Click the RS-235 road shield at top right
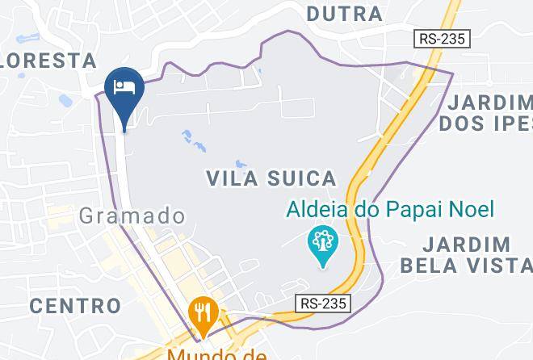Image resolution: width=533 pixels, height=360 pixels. [443, 38]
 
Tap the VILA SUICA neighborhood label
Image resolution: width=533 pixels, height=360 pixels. [271, 178]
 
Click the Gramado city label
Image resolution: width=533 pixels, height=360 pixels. [132, 216]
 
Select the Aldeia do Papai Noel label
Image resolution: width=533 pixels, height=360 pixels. [390, 209]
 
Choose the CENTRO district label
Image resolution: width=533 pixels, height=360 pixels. [75, 306]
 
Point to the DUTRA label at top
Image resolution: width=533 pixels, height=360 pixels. [345, 14]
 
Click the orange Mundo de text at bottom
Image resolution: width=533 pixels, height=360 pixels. [217, 354]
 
